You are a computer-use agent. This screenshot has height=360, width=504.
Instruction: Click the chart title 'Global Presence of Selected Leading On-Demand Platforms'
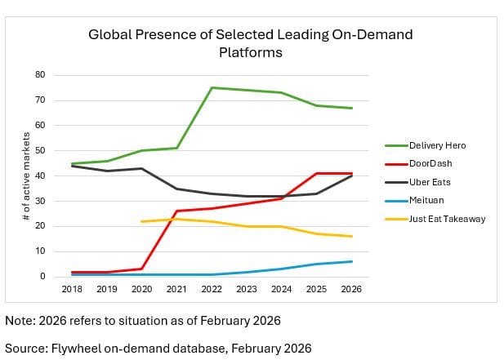coord(250,42)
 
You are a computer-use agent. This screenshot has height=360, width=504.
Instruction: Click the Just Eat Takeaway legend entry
coord(448,219)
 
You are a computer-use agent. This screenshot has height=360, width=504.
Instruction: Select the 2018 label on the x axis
coord(72,289)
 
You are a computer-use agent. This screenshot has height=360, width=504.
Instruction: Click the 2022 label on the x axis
coord(212,289)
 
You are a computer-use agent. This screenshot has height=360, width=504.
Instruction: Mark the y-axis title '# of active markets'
coord(26,176)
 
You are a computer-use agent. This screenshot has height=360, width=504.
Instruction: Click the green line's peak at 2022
coord(212,87)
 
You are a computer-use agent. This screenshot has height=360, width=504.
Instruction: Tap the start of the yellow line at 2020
coord(142,221)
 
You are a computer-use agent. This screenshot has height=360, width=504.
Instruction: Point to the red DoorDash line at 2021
coord(177,211)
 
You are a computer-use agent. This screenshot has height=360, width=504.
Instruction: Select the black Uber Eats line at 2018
coord(72,166)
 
